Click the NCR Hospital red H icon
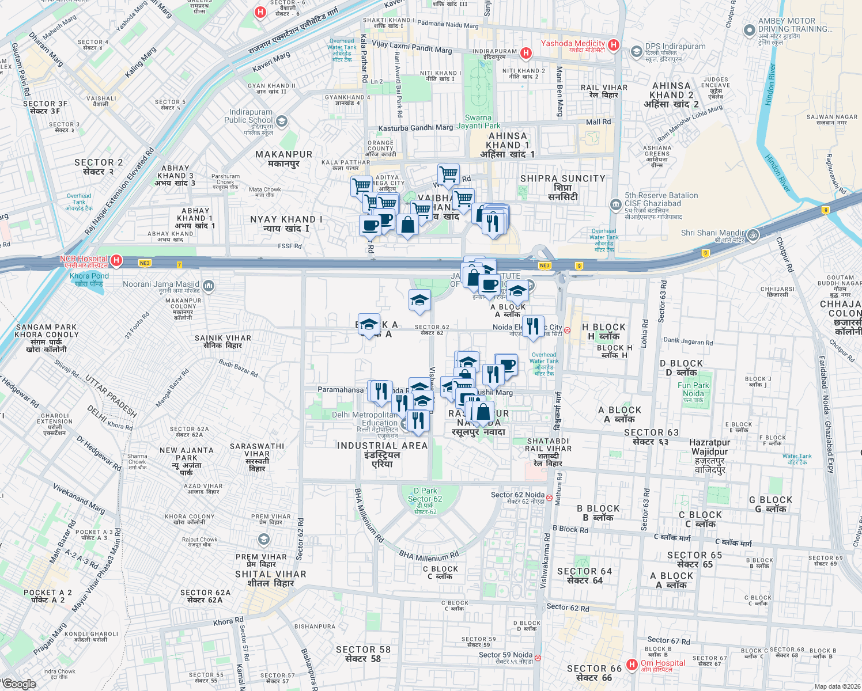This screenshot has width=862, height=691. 116,260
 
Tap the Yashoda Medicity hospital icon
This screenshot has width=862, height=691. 614,45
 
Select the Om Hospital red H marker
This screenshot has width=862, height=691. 632,665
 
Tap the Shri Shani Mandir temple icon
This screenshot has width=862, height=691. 753,235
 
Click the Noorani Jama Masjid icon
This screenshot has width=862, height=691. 209,285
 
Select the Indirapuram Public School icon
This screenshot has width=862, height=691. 282,121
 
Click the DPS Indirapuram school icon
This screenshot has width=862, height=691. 636,52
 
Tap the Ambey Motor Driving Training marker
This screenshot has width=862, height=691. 749,31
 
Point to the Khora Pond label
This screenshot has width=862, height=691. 89,279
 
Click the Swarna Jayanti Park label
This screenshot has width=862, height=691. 478,122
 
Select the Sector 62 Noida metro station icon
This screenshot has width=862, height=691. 549,497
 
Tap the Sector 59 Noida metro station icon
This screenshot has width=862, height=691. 538,658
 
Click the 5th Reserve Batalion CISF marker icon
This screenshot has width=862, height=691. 616,204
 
